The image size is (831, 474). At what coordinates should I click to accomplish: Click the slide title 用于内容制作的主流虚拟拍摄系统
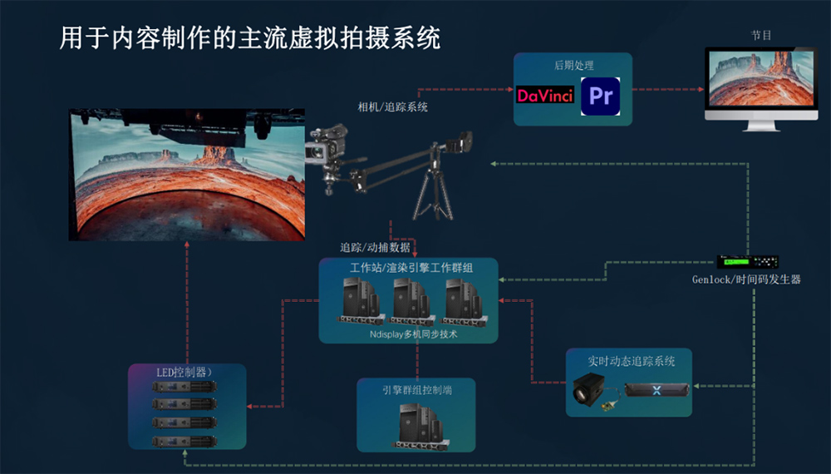250,37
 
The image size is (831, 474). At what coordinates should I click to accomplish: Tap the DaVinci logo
545,96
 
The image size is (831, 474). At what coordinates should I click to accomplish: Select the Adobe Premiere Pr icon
600,95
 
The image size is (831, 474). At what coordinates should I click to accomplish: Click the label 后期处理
573,65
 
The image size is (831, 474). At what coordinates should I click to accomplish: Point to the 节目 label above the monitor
760,36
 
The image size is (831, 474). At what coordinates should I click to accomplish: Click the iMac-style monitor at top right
760,83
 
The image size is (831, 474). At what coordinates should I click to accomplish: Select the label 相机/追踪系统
392,107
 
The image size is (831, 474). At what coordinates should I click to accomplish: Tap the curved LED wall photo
186,175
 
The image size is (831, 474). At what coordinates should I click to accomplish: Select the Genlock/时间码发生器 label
746,279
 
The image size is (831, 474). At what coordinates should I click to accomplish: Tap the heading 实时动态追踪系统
632,361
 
